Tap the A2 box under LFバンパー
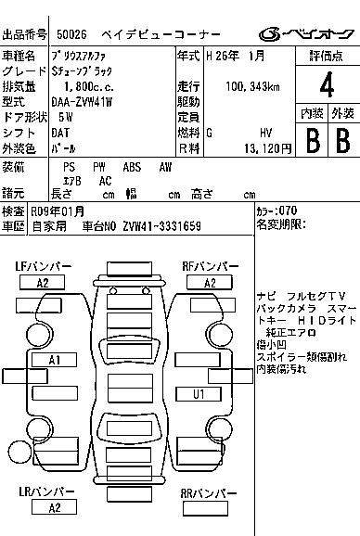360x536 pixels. coord(42,283)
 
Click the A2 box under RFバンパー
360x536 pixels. coord(210,283)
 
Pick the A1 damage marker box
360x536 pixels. coord(55,359)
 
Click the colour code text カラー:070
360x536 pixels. coord(277,211)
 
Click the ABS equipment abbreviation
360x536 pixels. coord(132,167)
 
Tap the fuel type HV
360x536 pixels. coord(265,132)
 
